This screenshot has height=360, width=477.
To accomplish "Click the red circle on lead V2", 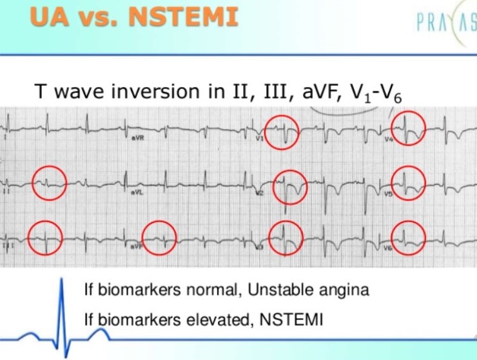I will tap(290, 187).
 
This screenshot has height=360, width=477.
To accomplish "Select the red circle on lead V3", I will tap(285, 238).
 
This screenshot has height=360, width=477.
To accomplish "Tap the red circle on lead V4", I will tap(409, 128).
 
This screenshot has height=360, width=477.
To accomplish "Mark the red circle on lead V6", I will tap(409, 236).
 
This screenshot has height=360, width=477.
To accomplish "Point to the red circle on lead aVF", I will tap(159, 237).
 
